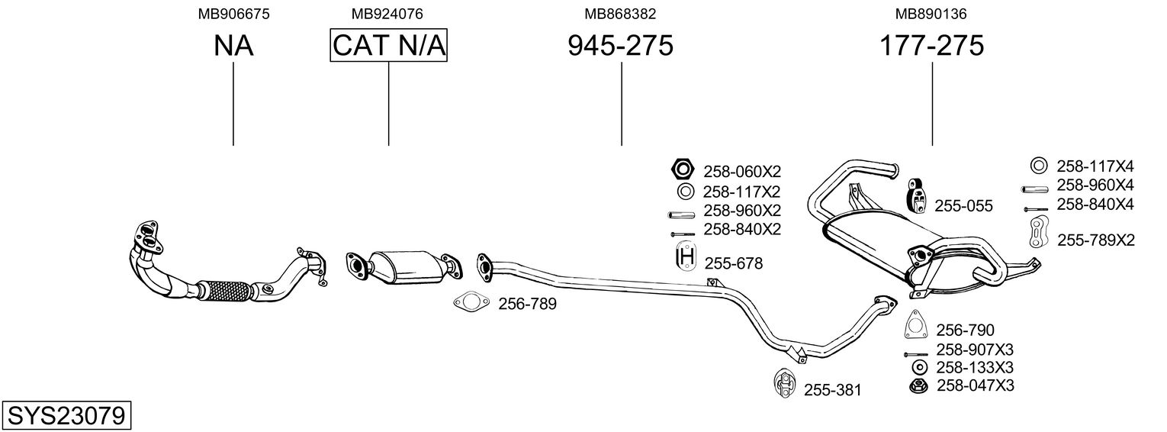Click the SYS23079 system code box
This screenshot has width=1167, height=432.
tap(66, 415)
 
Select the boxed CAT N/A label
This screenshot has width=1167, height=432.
tap(389, 45)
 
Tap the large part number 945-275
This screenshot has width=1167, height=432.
tap(620, 45)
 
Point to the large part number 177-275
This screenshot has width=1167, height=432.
tap(932, 45)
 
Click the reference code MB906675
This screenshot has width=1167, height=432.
tap(234, 14)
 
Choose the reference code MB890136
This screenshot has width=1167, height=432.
tap(931, 14)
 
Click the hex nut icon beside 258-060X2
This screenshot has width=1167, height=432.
tap(683, 169)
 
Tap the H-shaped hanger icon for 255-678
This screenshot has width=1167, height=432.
tap(686, 256)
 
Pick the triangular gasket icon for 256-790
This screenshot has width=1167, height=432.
tap(915, 324)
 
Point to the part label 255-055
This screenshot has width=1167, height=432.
tap(963, 206)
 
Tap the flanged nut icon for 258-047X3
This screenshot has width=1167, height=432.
tap(919, 387)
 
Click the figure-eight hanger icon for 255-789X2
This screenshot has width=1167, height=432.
tap(1040, 231)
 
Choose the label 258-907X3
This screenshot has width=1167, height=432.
tap(975, 349)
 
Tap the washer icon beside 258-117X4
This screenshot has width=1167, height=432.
tap(1039, 166)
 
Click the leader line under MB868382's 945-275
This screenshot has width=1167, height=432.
tap(622, 104)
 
